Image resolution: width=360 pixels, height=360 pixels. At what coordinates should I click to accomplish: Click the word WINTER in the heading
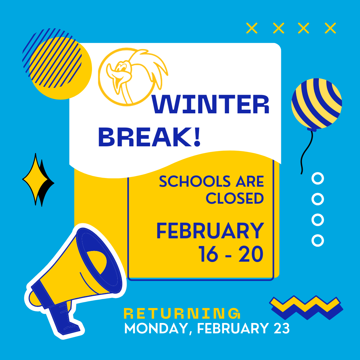(210, 104)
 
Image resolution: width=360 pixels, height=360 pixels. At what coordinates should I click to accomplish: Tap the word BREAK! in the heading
(149, 137)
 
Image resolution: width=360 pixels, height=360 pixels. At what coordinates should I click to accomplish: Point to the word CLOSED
(235, 198)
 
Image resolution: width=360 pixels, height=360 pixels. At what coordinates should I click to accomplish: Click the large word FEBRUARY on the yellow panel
(210, 231)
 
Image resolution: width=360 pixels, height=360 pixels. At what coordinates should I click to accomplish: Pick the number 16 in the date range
(208, 254)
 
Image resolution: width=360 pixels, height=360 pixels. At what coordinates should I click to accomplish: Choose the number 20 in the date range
(251, 254)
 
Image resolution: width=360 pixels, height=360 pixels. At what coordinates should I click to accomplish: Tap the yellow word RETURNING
(182, 313)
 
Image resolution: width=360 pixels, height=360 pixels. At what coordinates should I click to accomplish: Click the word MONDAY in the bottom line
(156, 328)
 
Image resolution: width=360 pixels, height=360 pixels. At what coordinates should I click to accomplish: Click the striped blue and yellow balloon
(317, 104)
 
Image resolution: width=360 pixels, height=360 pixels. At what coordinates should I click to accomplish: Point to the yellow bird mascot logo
(133, 77)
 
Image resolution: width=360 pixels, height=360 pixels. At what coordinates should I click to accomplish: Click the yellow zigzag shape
(305, 304)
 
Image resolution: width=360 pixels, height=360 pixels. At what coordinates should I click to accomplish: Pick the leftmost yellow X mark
(252, 28)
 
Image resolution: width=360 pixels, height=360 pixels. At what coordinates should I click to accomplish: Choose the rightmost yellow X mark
(330, 28)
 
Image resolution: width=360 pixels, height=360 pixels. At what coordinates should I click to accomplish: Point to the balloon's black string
(305, 152)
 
